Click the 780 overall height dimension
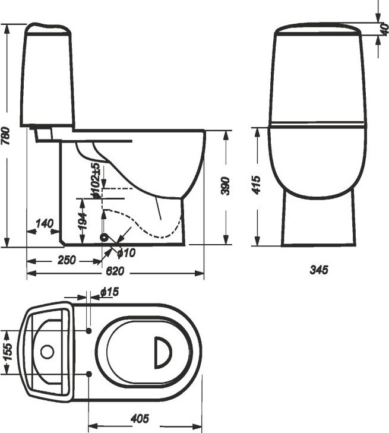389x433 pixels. (5, 136)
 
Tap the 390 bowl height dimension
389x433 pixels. (226, 186)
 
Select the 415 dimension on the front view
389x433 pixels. (256, 185)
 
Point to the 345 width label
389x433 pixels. (319, 270)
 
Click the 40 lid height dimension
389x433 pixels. (385, 29)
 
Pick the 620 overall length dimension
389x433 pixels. (115, 271)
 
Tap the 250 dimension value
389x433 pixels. (67, 260)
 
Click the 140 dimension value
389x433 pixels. (44, 223)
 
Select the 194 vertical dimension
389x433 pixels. (83, 220)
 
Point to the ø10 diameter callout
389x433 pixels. (126, 252)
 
